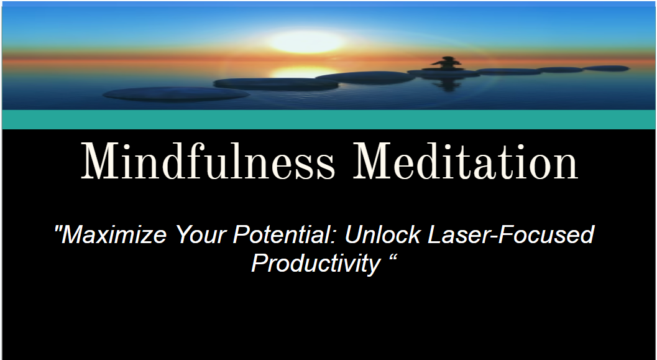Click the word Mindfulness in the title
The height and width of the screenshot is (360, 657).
[x=208, y=162]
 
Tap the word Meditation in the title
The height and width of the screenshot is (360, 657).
[x=466, y=162]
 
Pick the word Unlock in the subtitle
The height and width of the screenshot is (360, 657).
[x=382, y=234]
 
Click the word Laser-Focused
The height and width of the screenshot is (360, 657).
[x=511, y=234]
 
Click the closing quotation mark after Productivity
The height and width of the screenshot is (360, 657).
[x=393, y=257]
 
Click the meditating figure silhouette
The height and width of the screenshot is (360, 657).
[x=448, y=63]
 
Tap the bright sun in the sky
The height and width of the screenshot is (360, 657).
[x=306, y=42]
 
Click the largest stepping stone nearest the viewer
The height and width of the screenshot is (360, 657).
[x=176, y=94]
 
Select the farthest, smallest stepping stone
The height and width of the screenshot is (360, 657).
[x=606, y=68]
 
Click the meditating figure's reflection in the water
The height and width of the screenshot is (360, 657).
[x=448, y=85]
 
